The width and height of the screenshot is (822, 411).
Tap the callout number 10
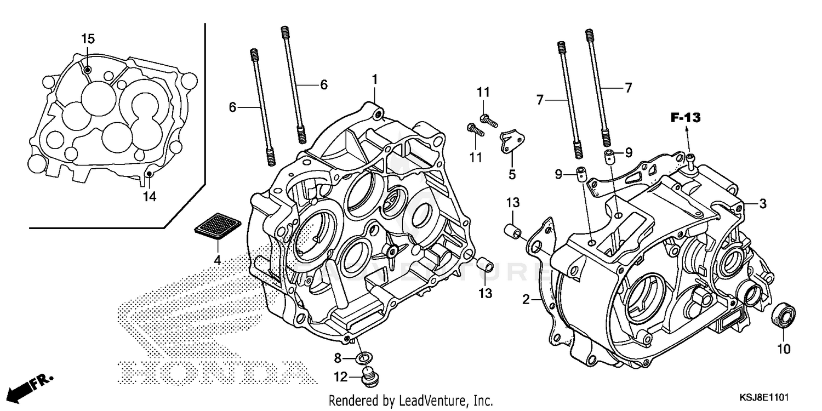(x=784, y=348)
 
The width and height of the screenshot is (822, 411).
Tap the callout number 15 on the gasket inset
(x=88, y=39)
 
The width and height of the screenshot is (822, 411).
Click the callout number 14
(x=150, y=196)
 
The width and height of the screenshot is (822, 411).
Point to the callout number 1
(x=375, y=80)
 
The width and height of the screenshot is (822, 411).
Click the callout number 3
(x=762, y=204)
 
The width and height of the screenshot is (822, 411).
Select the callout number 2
(x=526, y=300)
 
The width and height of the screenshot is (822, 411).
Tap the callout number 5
(x=511, y=175)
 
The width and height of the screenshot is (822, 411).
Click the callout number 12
(x=340, y=376)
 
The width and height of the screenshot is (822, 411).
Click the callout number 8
(x=338, y=358)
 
